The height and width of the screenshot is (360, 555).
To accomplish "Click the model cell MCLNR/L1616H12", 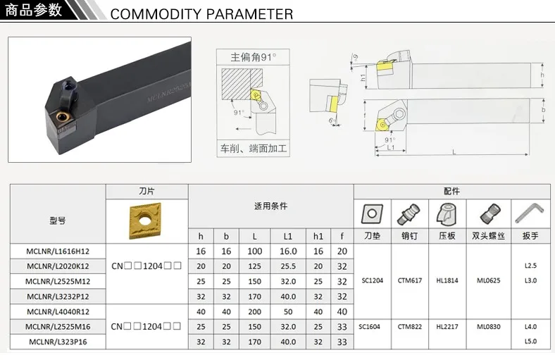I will [x=58, y=252].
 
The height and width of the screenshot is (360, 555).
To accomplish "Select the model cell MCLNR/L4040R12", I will [x=58, y=311].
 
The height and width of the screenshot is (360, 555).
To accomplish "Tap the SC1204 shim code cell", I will [x=371, y=280].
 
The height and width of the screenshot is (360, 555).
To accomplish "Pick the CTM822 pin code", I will [x=409, y=326].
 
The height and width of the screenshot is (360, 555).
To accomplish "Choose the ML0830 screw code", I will [x=489, y=326].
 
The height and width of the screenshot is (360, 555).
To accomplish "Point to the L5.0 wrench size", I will [x=530, y=341].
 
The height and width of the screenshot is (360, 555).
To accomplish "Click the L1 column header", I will [x=289, y=236].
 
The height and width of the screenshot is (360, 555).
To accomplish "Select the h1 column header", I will [x=318, y=236].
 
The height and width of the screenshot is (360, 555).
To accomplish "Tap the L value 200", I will [x=254, y=311].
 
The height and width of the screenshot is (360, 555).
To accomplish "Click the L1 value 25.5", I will [x=289, y=266].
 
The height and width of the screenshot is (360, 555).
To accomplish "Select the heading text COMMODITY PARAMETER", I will [x=201, y=14].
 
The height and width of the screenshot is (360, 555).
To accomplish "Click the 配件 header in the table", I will [x=451, y=191].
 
